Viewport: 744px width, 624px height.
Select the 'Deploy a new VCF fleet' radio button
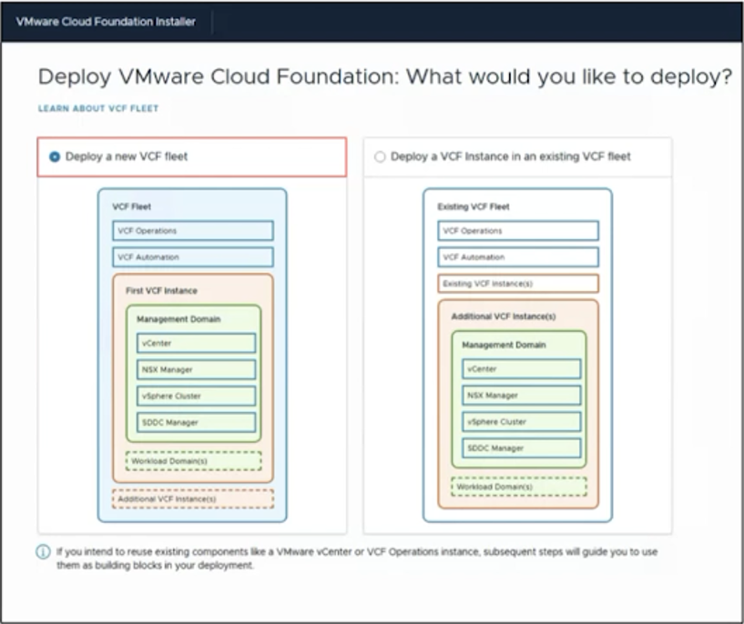coord(55,156)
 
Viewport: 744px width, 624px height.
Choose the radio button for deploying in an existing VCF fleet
coord(380,156)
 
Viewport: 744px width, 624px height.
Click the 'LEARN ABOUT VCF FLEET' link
coord(98,108)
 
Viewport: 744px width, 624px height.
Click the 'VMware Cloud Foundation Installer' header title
coord(106,21)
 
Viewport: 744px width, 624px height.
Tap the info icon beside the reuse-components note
coord(43,552)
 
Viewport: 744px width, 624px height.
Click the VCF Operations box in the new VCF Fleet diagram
coord(193,231)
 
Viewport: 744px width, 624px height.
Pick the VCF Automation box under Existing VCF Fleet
coord(517,257)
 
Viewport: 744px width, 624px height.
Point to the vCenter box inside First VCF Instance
coord(196,343)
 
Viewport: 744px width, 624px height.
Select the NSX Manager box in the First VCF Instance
coord(196,369)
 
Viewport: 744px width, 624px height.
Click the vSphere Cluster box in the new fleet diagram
coord(196,396)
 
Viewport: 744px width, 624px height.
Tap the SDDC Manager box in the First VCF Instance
coord(196,423)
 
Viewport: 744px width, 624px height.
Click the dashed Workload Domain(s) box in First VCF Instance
coord(194,461)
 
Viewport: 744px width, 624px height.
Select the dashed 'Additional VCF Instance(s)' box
coord(193,498)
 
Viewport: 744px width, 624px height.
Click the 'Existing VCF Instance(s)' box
coord(517,284)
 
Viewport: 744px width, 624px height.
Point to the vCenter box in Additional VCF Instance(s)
coord(521,368)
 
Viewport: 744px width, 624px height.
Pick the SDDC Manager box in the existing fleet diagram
coord(521,448)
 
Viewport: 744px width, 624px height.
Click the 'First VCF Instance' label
coord(161,290)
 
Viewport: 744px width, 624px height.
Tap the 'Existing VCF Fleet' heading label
coord(473,206)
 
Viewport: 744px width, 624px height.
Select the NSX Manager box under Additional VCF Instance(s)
coord(521,395)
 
